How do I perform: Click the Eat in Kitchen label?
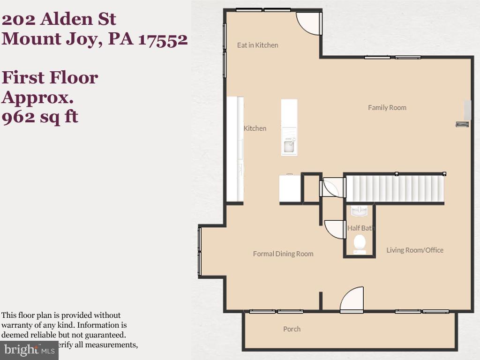257,45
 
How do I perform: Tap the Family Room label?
387,107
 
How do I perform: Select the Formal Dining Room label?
283,254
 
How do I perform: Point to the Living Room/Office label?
414,250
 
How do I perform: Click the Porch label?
292,329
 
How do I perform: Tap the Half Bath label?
360,228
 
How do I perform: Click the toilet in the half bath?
360,243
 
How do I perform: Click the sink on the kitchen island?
289,147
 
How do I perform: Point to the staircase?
395,188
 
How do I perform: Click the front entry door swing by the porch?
352,300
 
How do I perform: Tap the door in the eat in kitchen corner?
309,23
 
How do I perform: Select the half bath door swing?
335,229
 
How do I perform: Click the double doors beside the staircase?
333,187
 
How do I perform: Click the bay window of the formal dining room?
200,251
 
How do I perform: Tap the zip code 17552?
163,39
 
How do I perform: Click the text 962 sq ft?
39,116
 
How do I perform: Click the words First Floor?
50,77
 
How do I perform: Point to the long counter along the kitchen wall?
235,149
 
